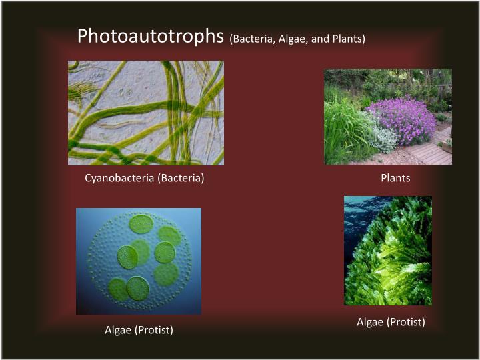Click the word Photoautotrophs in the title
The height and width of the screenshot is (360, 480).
150,36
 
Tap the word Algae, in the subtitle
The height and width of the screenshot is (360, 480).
294,39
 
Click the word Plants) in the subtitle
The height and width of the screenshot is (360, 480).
348,39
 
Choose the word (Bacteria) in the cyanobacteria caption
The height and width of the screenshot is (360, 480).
181,178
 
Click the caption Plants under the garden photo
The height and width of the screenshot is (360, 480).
395,178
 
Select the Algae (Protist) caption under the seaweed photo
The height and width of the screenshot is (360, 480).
391,322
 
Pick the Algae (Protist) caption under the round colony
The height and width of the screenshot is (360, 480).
139,330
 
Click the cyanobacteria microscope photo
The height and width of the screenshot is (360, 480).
145,113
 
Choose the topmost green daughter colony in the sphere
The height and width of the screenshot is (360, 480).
141,223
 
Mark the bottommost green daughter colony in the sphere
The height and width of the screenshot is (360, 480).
138,288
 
